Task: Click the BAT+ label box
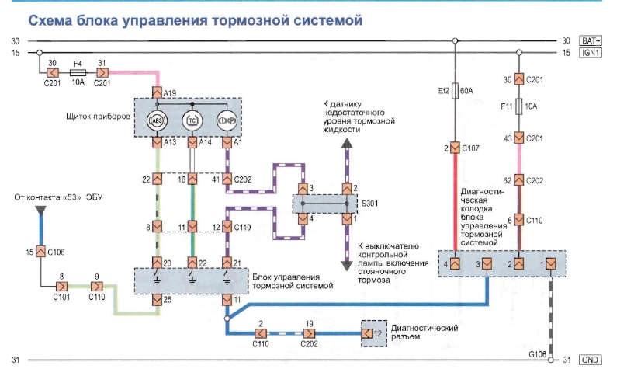tap(592, 40)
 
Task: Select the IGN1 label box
tap(592, 53)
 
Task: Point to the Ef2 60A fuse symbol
tap(456, 89)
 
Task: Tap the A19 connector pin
tap(158, 92)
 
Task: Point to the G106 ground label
tap(539, 354)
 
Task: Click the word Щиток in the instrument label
tap(83, 118)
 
